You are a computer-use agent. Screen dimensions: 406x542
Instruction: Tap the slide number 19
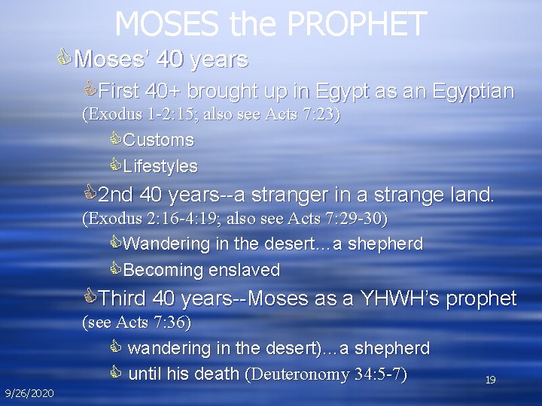(490, 380)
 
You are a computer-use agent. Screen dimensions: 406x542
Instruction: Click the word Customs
(158, 141)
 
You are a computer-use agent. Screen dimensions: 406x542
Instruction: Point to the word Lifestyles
(160, 166)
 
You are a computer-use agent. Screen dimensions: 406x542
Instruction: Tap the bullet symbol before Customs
(115, 140)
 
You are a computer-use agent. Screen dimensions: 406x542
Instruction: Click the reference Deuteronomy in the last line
(299, 374)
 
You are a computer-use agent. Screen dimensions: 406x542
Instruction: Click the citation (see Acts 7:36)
(136, 323)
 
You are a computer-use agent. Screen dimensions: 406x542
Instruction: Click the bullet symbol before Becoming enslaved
(115, 269)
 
